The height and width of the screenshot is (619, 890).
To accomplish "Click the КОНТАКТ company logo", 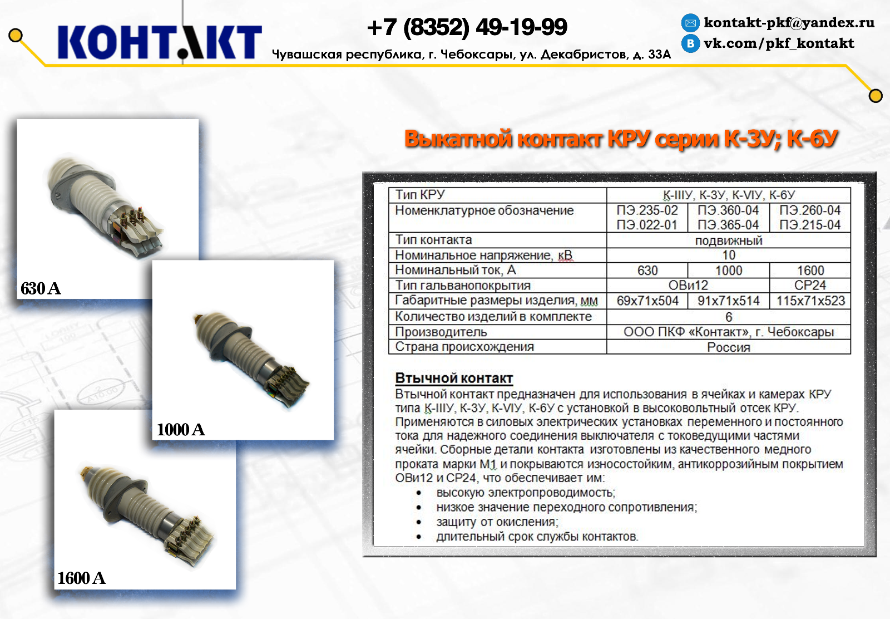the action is click(160, 42).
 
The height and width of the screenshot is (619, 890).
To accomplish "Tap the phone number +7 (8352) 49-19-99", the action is click(467, 27).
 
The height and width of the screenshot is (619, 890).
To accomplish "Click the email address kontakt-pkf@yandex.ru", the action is click(789, 22).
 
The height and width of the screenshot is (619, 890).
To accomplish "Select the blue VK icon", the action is click(690, 43).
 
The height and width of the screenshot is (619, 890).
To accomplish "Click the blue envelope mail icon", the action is click(690, 23).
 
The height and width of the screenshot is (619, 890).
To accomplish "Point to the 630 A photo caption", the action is click(41, 288).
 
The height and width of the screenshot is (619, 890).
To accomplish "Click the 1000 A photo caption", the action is click(181, 429).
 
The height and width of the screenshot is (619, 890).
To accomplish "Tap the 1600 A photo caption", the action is click(81, 578).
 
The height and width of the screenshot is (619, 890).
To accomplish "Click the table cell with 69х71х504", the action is click(647, 301).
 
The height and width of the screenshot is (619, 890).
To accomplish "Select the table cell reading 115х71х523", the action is click(810, 301).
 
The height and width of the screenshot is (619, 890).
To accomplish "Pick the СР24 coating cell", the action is click(810, 285).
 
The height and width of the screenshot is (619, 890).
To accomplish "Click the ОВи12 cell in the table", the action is click(688, 285).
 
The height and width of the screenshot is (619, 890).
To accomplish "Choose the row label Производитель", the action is click(441, 332).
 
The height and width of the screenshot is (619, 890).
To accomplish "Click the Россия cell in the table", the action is click(729, 347).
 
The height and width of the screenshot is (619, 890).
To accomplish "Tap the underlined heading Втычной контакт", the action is click(454, 378).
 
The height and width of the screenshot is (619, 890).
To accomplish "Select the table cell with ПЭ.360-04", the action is click(728, 210).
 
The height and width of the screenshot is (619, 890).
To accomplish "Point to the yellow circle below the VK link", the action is click(876, 96).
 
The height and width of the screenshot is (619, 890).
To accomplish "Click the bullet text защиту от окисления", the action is click(497, 522).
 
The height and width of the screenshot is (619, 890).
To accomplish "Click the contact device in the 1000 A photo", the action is click(251, 358).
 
